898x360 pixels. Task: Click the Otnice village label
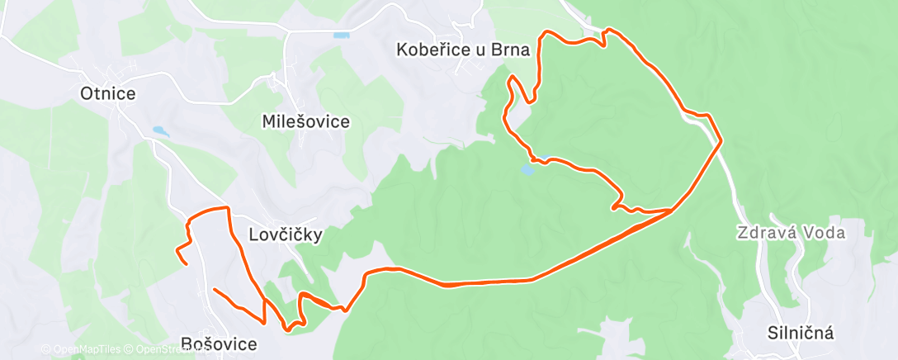pyautogui.click(x=107, y=93)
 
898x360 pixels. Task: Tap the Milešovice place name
pyautogui.click(x=305, y=121)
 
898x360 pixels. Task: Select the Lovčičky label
pyautogui.click(x=285, y=234)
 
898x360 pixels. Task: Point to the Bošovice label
pyautogui.click(x=219, y=343)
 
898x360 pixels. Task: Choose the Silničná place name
pyautogui.click(x=800, y=333)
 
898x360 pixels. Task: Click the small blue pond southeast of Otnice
pyautogui.click(x=158, y=130)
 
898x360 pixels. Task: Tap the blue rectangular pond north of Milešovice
pyautogui.click(x=341, y=36)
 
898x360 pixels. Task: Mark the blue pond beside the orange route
pyautogui.click(x=527, y=170)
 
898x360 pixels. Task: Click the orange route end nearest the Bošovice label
pyautogui.click(x=215, y=290)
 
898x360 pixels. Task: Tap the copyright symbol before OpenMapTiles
pyautogui.click(x=45, y=350)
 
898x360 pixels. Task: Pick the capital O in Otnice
pyautogui.click(x=86, y=93)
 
